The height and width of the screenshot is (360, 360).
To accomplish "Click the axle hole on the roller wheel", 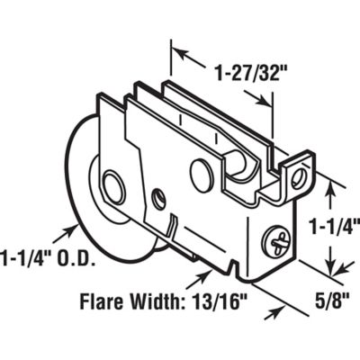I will pyautogui.click(x=113, y=189).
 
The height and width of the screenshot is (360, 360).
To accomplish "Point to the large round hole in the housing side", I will pyautogui.click(x=202, y=176).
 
